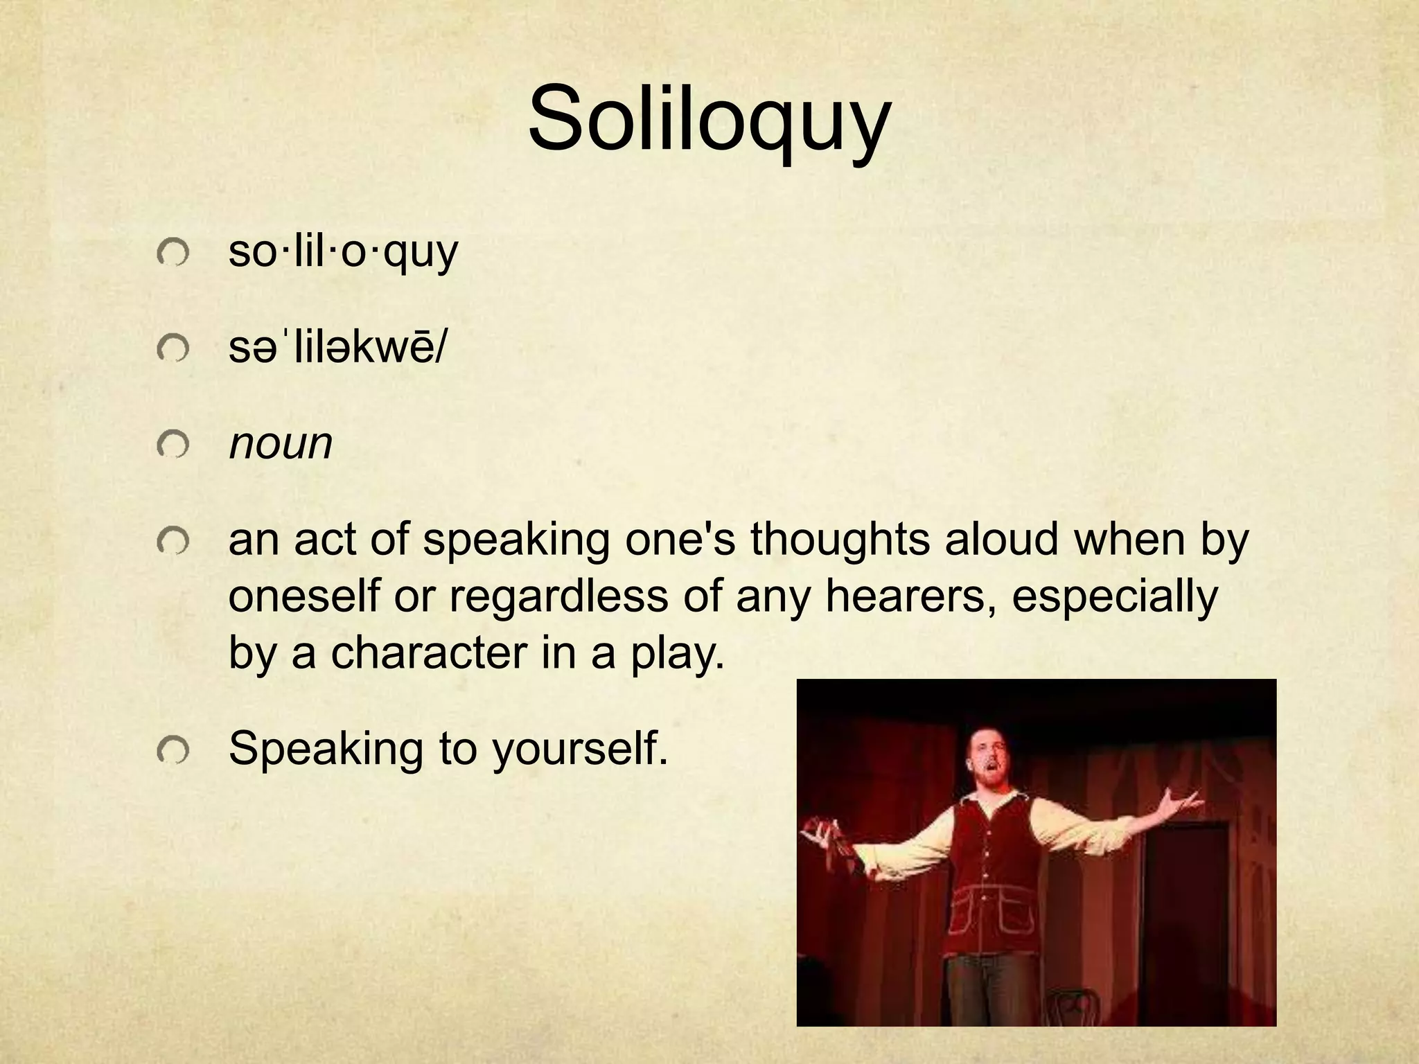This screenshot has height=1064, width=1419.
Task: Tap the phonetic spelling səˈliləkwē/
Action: (x=337, y=348)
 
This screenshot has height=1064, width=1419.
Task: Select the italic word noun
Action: (x=281, y=443)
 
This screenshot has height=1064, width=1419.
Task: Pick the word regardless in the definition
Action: (x=558, y=596)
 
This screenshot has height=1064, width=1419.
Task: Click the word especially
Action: (x=1114, y=597)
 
